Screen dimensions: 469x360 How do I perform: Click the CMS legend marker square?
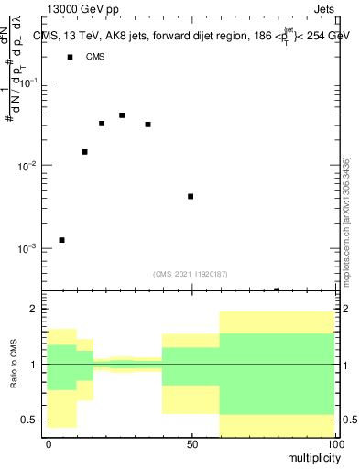(70, 57)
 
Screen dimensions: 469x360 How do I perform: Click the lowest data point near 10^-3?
(61, 240)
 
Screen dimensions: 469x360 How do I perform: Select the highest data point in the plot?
(122, 115)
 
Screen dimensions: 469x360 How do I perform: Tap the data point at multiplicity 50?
(191, 196)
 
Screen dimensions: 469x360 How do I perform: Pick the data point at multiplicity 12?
(84, 152)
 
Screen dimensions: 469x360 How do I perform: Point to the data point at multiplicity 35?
(147, 125)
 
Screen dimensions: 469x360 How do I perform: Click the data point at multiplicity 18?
(102, 124)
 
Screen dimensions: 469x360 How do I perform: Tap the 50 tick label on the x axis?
(191, 443)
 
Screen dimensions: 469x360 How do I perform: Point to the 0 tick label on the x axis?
(49, 443)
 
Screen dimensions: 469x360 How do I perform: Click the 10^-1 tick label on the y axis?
(30, 82)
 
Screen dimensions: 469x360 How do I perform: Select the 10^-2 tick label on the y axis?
(30, 166)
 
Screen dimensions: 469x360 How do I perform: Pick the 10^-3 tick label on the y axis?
(30, 248)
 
